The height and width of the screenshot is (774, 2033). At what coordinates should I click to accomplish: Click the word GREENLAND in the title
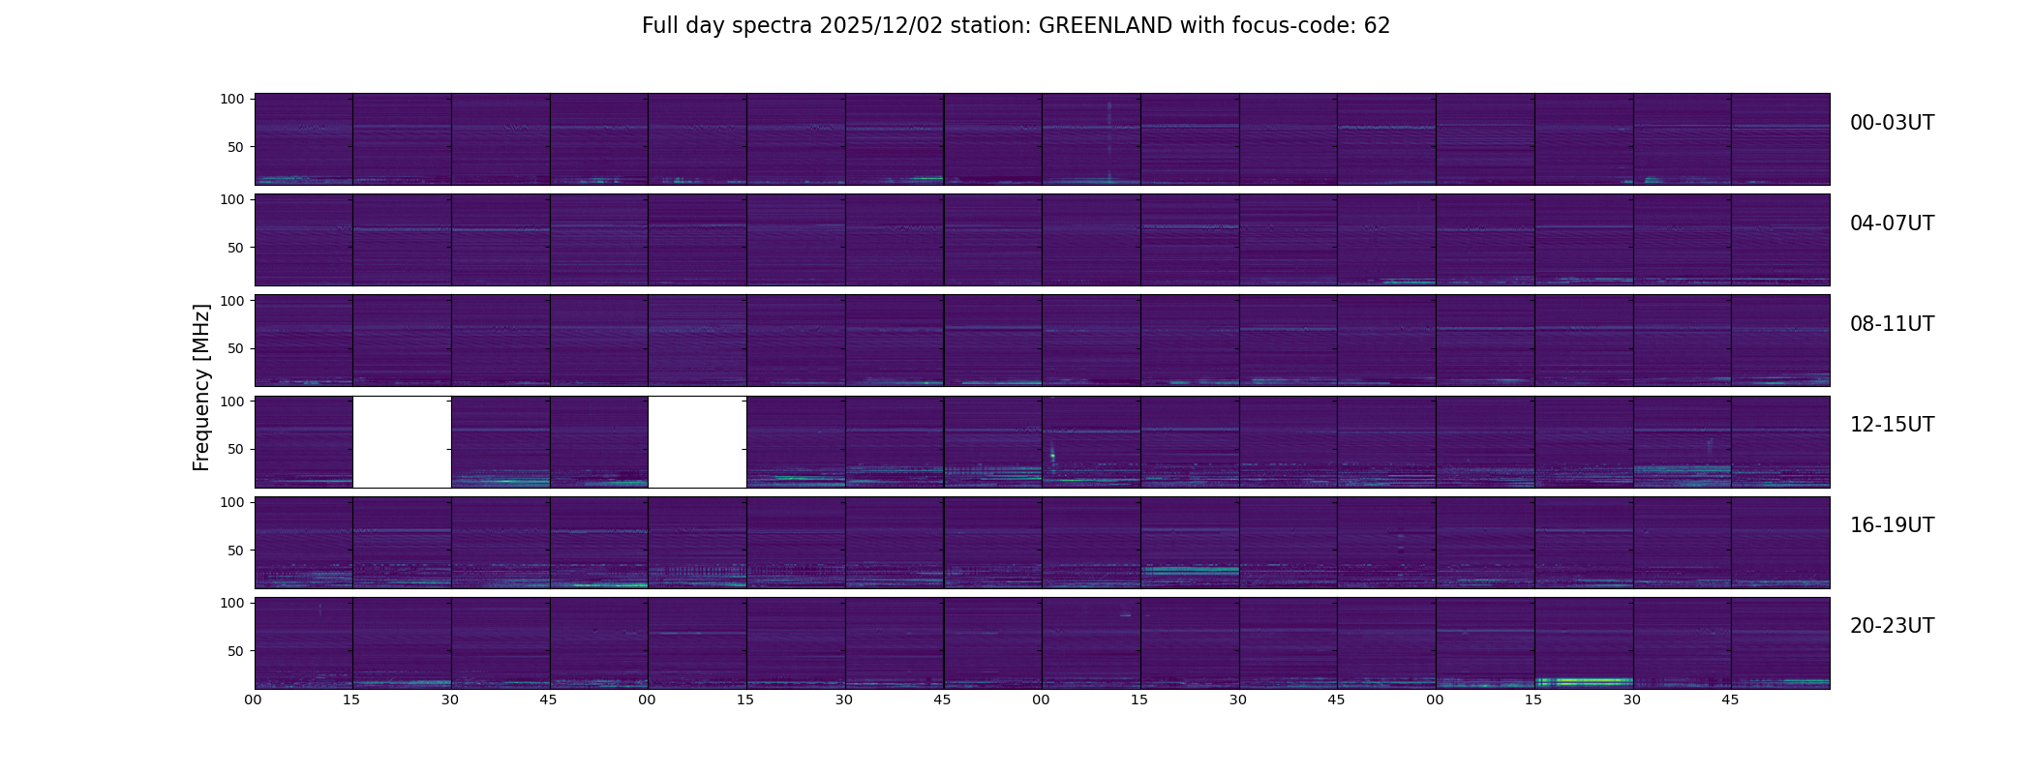point(1105,26)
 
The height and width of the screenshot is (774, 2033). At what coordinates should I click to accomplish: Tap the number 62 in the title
point(1377,26)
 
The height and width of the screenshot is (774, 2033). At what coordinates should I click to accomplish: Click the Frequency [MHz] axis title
point(201,387)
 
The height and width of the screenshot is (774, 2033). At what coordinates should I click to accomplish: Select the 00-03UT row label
point(1892,123)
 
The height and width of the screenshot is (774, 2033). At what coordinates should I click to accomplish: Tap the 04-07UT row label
point(1892,223)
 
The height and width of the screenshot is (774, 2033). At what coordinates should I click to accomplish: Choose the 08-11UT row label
point(1892,324)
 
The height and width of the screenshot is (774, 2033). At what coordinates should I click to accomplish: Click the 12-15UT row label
point(1892,425)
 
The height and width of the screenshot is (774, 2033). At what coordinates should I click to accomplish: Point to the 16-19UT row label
point(1892,525)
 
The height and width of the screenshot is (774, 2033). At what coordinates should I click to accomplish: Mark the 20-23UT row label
point(1892,626)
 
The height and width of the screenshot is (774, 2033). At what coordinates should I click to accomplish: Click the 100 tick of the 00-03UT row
point(232,99)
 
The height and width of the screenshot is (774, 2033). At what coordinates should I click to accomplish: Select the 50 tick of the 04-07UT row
point(236,248)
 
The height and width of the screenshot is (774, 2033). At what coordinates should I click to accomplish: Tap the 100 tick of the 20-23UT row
point(232,603)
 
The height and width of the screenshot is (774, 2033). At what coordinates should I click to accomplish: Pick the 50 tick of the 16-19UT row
point(236,551)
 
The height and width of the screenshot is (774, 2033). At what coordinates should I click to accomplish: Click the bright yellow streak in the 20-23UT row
point(1588,681)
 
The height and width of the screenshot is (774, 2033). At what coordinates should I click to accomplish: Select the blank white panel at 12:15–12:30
point(402,441)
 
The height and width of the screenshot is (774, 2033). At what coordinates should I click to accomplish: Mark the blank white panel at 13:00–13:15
point(697,441)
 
